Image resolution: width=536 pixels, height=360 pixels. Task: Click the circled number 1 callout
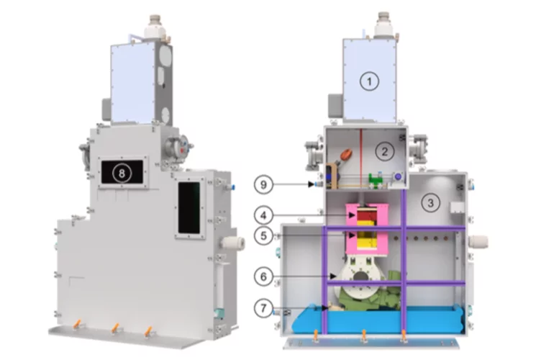pyautogui.click(x=369, y=81)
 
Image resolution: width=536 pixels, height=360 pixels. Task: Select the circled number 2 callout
pyautogui.click(x=385, y=151)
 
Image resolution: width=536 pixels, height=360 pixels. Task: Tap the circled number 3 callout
pyautogui.click(x=430, y=202)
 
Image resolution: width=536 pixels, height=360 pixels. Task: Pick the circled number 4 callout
pyautogui.click(x=263, y=215)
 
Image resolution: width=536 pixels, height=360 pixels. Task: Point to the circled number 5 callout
pyautogui.click(x=263, y=235)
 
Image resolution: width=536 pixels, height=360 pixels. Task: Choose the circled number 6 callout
pyautogui.click(x=263, y=276)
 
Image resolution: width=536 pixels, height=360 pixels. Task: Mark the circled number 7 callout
pyautogui.click(x=263, y=308)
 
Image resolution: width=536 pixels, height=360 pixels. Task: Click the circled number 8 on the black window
pyautogui.click(x=122, y=173)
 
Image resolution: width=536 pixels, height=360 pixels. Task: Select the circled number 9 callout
pyautogui.click(x=263, y=185)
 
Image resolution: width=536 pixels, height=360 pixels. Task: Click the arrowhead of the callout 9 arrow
pyautogui.click(x=311, y=184)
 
